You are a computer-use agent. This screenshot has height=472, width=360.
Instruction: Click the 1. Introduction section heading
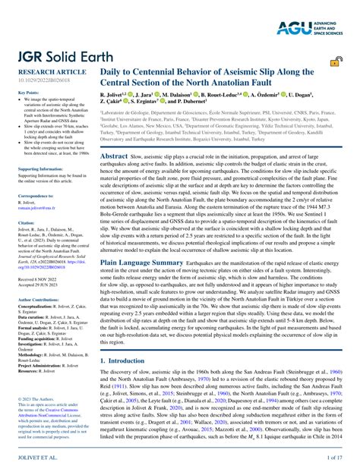point(131,361)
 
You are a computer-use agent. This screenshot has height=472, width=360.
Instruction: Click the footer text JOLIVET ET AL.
point(38,458)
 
